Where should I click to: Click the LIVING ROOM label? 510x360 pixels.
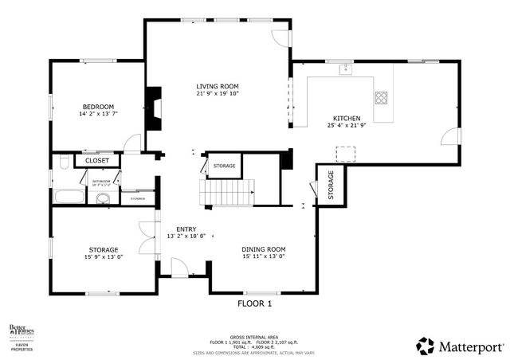coord(218,86)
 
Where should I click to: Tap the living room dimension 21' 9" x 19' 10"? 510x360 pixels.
coord(218,93)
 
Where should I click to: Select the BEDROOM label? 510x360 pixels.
coord(96,107)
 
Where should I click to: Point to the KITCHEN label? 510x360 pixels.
coord(346,118)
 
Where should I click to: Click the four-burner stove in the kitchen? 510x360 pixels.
coord(382,99)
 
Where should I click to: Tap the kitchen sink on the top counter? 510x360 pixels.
coord(345,70)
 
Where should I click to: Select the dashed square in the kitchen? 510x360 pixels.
coord(346,152)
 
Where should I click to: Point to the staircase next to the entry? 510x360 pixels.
coord(227,191)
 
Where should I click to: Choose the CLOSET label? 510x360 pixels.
coord(96,160)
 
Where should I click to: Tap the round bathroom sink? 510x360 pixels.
coord(103,198)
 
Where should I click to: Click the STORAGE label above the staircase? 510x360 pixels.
coord(224,166)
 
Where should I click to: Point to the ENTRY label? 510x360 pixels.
coord(186,229)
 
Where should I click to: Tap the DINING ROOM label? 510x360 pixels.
coord(263,249)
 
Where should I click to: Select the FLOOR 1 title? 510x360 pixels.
coord(255,303)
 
